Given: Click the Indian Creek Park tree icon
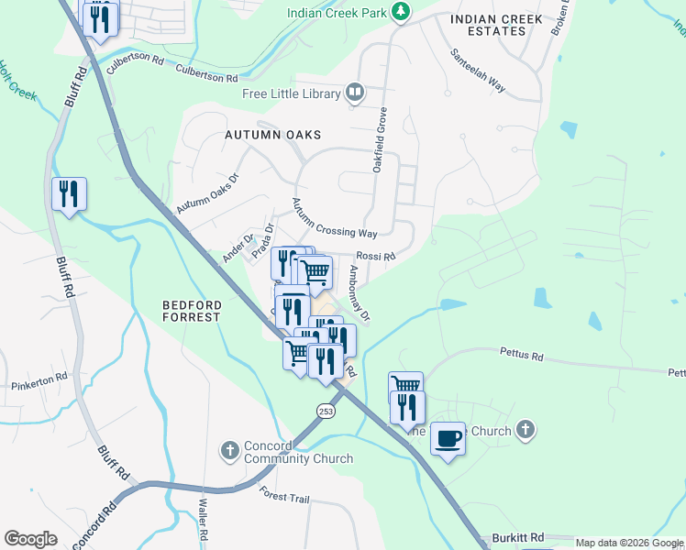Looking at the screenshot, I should pos(400,12).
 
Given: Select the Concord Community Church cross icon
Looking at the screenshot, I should pos(230,451).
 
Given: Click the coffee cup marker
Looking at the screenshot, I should pos(448,440).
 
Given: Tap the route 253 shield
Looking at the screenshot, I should pos(326,412).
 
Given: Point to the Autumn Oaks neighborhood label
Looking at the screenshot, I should pos(273,135).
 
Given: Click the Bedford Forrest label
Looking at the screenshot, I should pos(192,311).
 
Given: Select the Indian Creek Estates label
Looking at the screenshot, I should pos(489,25).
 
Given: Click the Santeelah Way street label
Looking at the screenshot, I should pos(477,70).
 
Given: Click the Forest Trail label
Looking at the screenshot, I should pos(284,498).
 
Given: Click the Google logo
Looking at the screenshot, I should pos(30,539).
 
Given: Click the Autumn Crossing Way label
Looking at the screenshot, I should pos(334,219).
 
